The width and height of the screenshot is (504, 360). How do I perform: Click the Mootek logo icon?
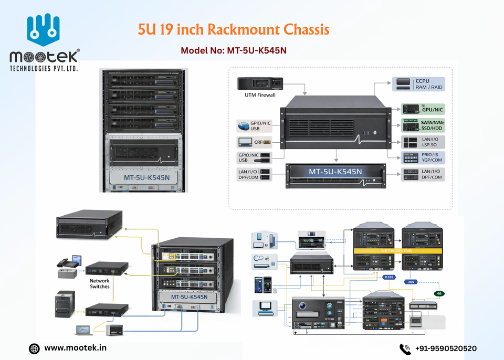[44, 31]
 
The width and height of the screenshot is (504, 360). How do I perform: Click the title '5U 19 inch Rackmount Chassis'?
[234, 29]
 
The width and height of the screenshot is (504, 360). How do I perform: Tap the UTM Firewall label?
[260, 95]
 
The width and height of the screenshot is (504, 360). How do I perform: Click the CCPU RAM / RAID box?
[418, 84]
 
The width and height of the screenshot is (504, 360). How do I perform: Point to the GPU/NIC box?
[423, 109]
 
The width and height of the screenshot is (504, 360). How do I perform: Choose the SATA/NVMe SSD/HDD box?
[423, 125]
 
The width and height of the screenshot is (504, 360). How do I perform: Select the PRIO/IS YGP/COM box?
[423, 158]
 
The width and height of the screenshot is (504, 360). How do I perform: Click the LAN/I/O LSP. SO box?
[423, 142]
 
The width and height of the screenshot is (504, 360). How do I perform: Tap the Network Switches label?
[100, 284]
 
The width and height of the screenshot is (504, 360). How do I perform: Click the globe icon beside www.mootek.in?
[34, 348]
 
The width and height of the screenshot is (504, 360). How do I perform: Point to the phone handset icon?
[404, 348]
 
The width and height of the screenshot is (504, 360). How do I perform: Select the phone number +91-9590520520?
[446, 348]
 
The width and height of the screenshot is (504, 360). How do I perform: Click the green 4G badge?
[438, 293]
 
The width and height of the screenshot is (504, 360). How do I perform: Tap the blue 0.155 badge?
[389, 277]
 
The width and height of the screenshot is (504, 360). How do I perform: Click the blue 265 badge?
[411, 281]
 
